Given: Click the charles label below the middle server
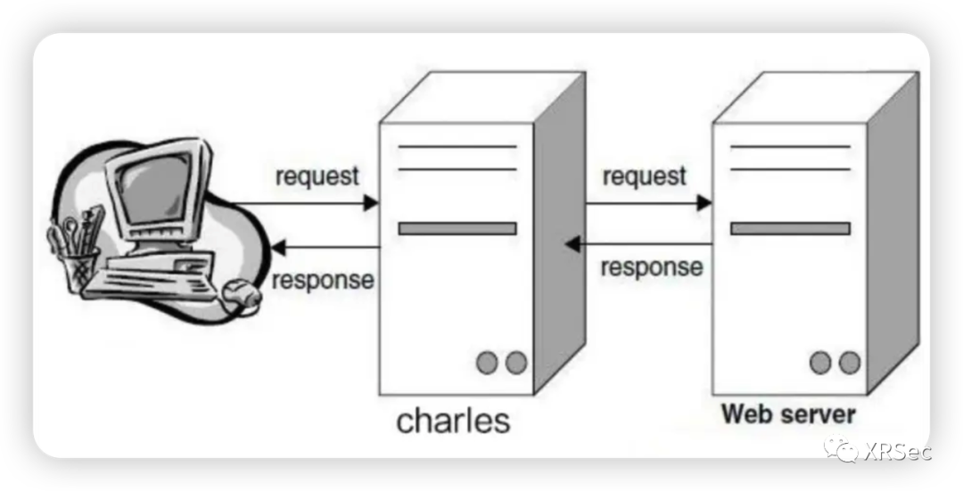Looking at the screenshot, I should pyautogui.click(x=453, y=420).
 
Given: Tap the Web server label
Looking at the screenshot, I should pyautogui.click(x=788, y=414).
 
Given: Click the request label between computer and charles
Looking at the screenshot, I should pyautogui.click(x=317, y=176).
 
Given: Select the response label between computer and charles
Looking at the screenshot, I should pyautogui.click(x=323, y=280).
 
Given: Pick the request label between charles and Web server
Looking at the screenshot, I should pyautogui.click(x=645, y=176).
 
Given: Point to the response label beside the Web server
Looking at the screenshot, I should pyautogui.click(x=651, y=266).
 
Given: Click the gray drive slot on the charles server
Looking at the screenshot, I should pyautogui.click(x=457, y=228).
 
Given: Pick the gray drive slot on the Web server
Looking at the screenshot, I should pyautogui.click(x=790, y=228).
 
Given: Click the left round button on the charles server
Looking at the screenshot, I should pyautogui.click(x=486, y=363).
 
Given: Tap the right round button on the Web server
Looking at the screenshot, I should pyautogui.click(x=850, y=363).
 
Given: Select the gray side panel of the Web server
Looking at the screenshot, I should pyautogui.click(x=893, y=232).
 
